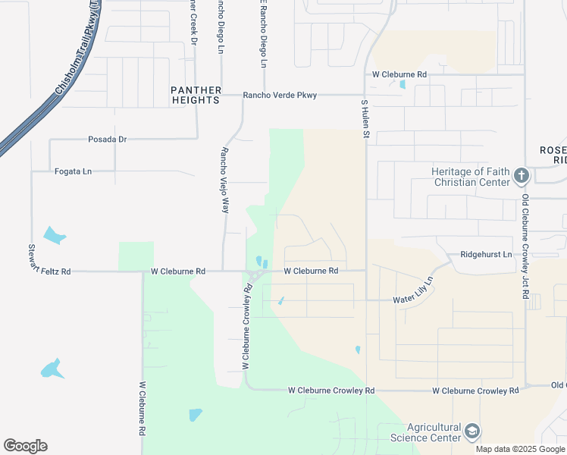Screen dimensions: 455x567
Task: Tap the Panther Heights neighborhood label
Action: tap(196, 95)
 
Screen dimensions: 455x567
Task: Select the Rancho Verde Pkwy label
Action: tap(280, 96)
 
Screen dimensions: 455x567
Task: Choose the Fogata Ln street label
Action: tap(73, 171)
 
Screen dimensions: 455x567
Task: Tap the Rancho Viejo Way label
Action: tap(224, 180)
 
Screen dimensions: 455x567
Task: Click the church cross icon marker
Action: tap(521, 177)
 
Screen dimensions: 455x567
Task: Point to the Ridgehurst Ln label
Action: tap(486, 255)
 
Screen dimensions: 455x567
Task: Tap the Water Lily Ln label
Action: tap(413, 291)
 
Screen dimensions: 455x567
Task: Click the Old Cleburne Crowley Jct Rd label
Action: tap(525, 247)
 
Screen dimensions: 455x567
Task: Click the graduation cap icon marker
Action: tap(472, 432)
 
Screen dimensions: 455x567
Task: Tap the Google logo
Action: tap(25, 446)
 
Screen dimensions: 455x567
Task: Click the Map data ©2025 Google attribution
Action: tap(519, 449)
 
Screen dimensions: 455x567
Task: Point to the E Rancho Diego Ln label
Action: tap(264, 34)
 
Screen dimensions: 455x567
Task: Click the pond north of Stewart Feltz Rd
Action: tap(54, 235)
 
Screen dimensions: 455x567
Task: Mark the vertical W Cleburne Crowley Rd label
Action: tap(246, 327)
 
